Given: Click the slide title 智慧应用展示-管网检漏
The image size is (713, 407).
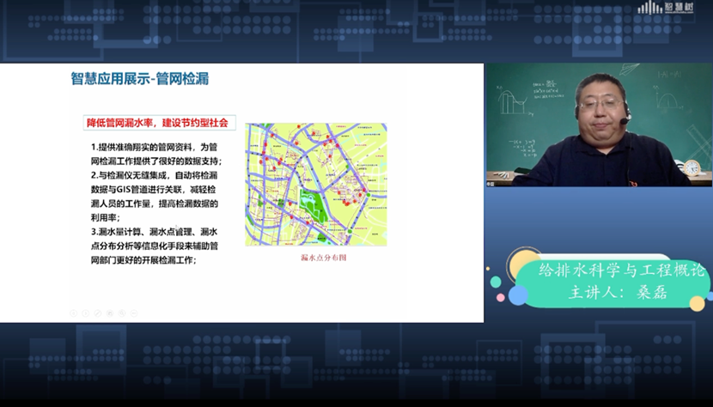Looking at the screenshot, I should tap(139, 79).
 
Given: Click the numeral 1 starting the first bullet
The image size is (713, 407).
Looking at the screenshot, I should tap(93, 147).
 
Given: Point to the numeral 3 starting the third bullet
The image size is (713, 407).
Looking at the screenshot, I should tap(93, 232).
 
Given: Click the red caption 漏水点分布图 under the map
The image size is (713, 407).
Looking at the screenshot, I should tap(315, 257).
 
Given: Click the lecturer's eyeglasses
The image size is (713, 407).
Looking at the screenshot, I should tap(600, 104).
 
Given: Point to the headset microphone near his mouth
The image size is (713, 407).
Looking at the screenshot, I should tap(625, 122).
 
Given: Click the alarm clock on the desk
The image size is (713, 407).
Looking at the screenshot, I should tap(692, 168).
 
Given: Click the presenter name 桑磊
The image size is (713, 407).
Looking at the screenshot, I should tap(654, 292).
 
